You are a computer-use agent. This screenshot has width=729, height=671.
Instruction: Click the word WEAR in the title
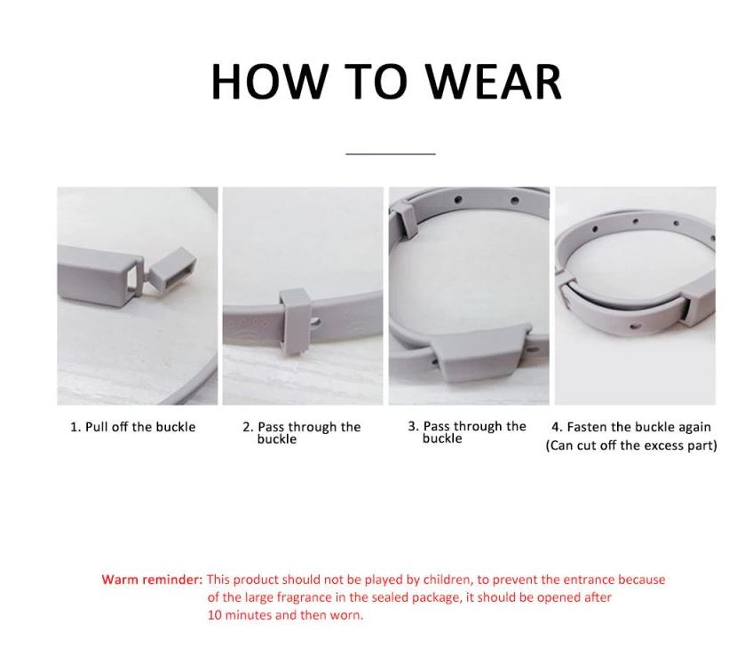point(495,82)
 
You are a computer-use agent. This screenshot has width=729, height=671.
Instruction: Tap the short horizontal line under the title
point(391,153)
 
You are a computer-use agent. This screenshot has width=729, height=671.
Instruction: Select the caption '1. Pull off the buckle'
point(133,427)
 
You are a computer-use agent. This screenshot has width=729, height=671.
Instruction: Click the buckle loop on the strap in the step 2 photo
point(295,320)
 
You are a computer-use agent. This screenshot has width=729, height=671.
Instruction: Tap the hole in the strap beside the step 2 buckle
point(316,321)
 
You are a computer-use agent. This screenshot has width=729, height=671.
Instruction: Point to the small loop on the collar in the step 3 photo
point(405,218)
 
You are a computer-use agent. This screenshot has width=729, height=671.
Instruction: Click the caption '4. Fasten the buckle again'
point(631,427)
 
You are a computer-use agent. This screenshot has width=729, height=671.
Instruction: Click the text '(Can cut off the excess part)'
point(631,446)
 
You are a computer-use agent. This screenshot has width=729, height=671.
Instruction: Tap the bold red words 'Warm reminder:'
point(153,580)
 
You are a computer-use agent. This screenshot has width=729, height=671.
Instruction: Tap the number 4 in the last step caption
point(555,427)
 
